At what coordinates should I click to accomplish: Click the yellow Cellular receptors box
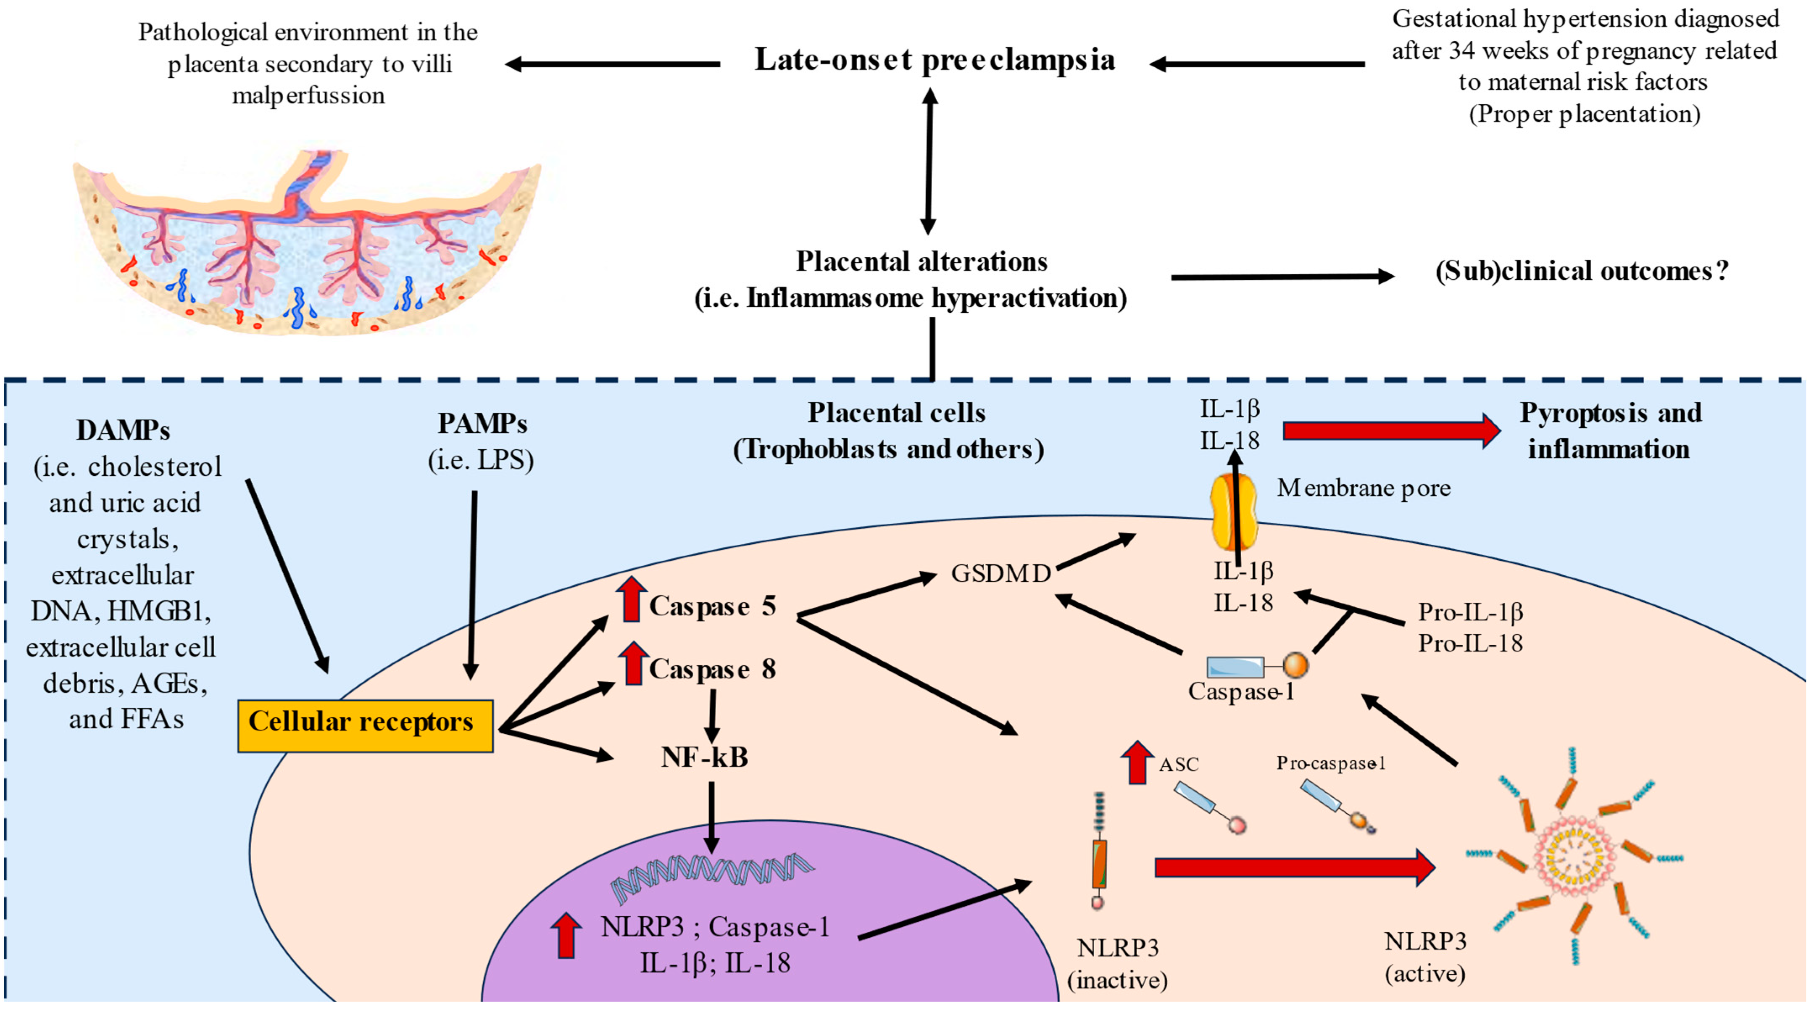(x=365, y=725)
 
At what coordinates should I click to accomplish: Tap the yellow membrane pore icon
(x=1233, y=511)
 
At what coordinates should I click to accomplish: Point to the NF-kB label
(x=704, y=757)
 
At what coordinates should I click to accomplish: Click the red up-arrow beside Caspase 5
(x=632, y=599)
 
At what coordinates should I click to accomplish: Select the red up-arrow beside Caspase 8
(x=634, y=664)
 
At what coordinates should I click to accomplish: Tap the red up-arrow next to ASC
(x=1137, y=763)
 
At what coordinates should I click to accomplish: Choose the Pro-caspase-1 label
(x=1331, y=763)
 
